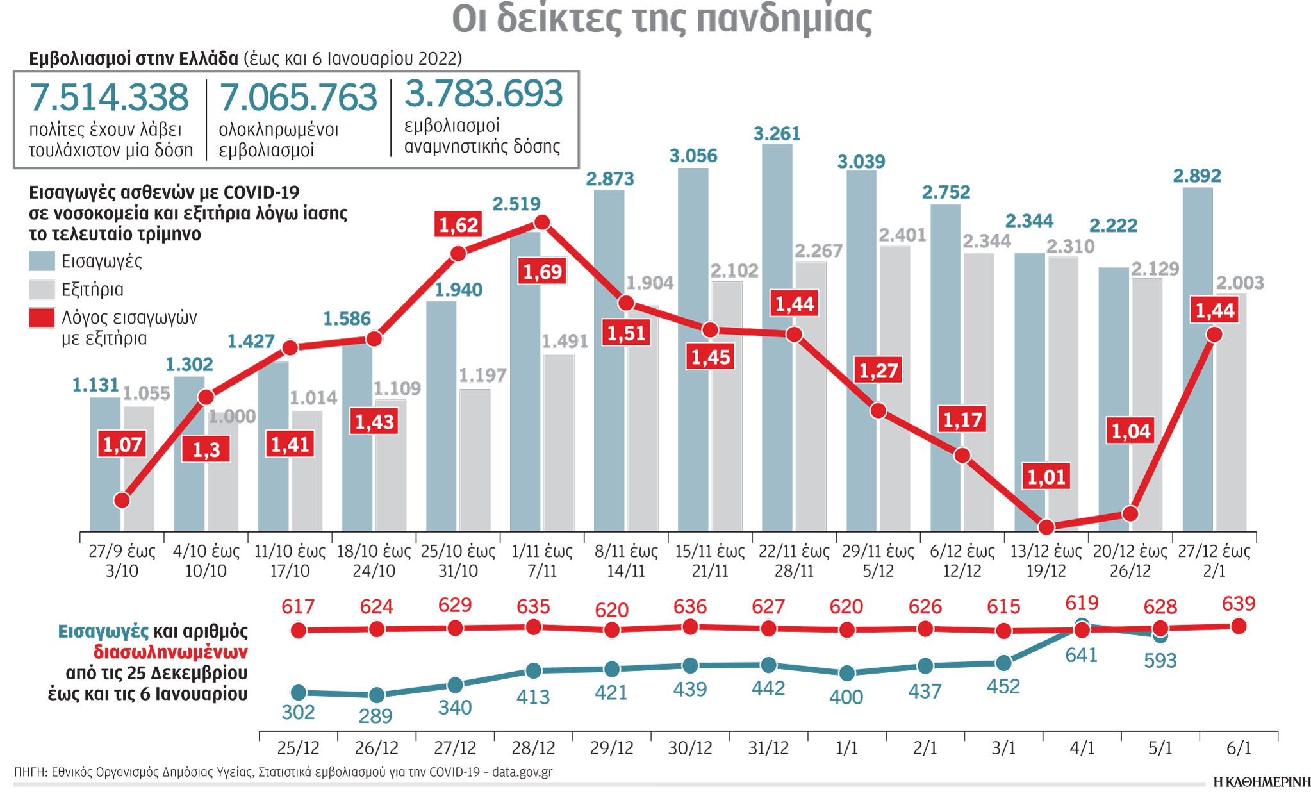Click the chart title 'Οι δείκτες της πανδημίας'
(x=661, y=19)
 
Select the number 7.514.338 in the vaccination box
(x=110, y=97)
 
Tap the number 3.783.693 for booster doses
(x=484, y=94)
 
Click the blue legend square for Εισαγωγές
(x=42, y=261)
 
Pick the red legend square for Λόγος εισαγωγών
(x=42, y=318)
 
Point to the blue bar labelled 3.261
(x=777, y=333)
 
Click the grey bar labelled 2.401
(x=895, y=385)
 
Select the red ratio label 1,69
(x=542, y=272)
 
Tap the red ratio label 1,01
(x=1046, y=477)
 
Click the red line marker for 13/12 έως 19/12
(x=1046, y=527)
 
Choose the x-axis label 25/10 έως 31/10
(x=458, y=561)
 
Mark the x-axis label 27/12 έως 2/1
(x=1214, y=561)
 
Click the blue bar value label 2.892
(x=1197, y=176)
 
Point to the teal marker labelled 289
(x=377, y=695)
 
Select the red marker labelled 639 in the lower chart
(x=1239, y=626)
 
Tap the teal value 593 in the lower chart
(x=1160, y=661)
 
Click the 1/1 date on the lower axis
(x=846, y=748)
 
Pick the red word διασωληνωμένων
(x=170, y=652)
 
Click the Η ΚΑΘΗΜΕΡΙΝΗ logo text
(x=1262, y=782)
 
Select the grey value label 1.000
(x=232, y=417)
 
